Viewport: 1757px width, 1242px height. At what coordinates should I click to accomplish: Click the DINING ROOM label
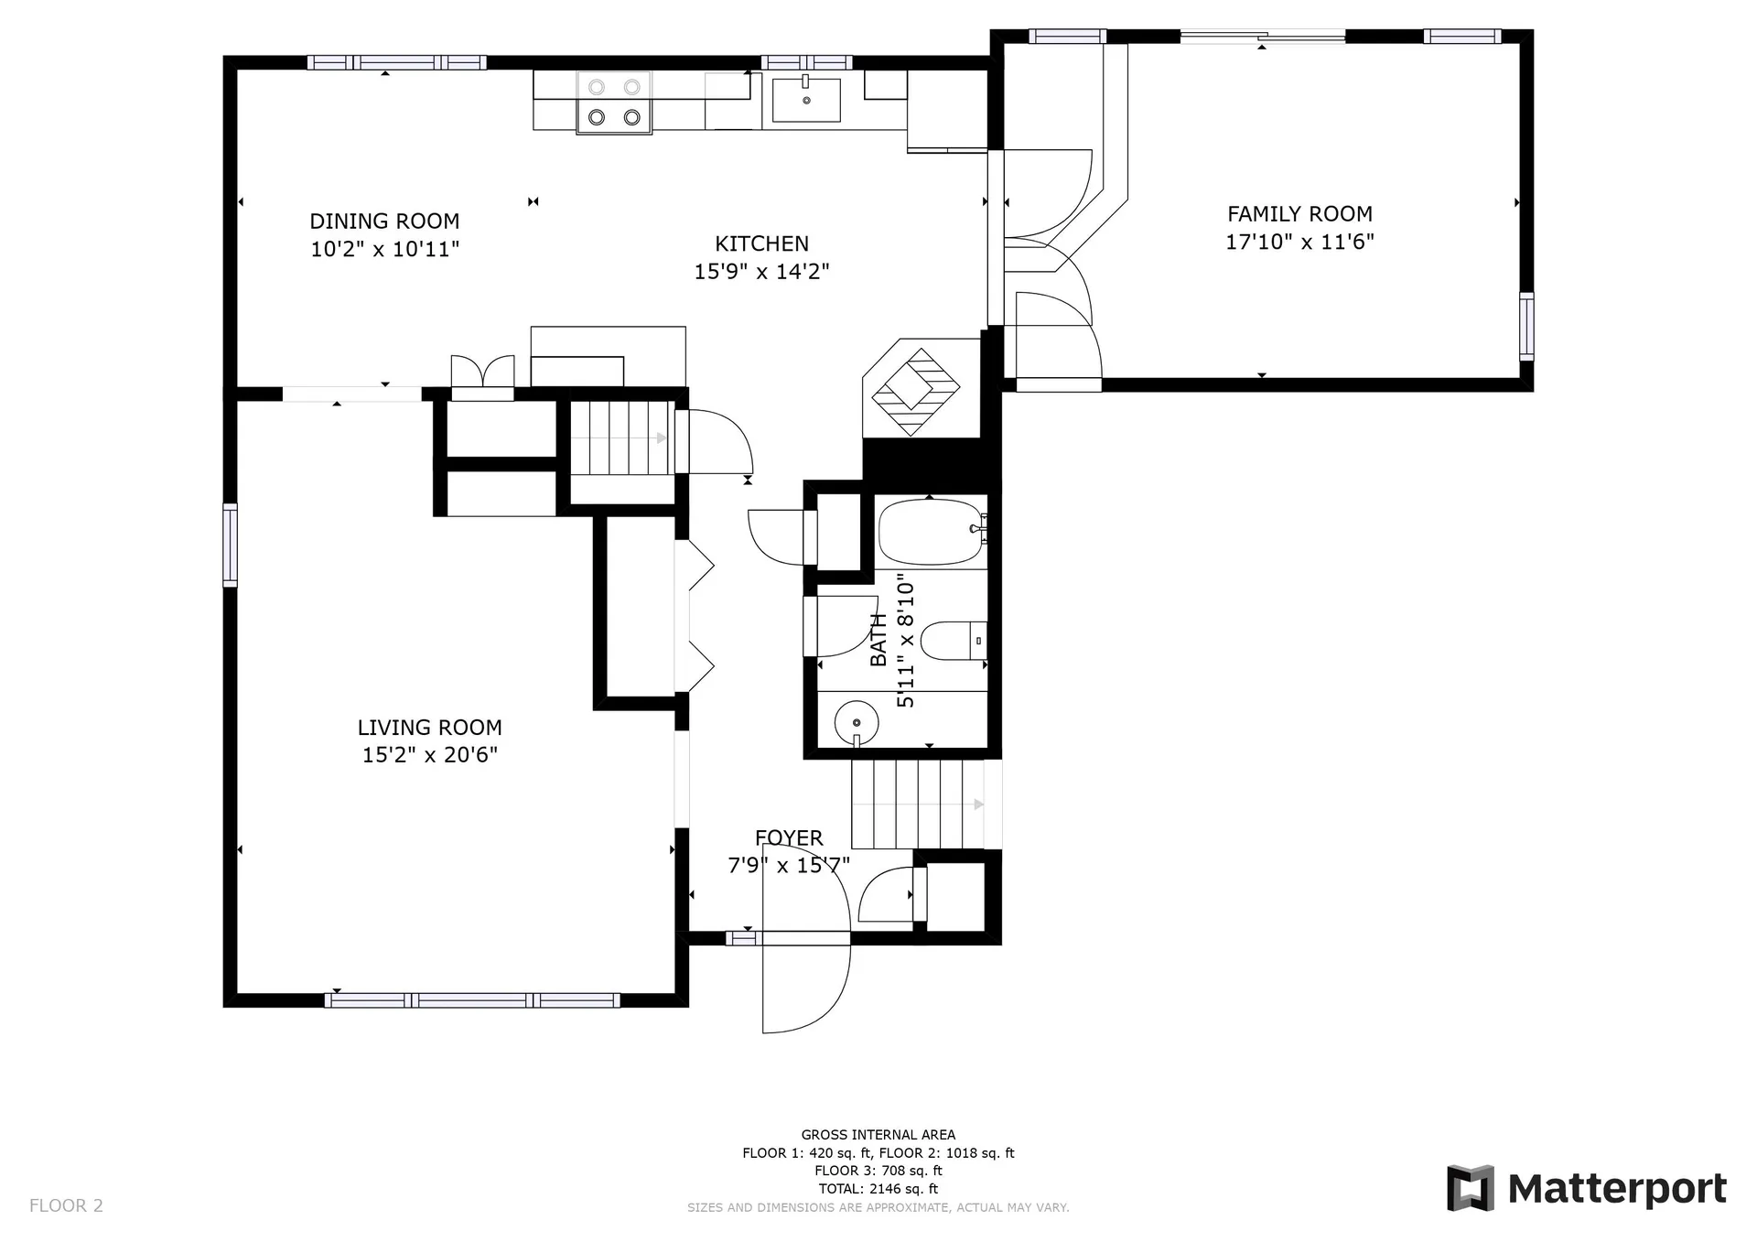(384, 221)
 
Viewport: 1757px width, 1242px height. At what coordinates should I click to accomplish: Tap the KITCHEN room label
(761, 244)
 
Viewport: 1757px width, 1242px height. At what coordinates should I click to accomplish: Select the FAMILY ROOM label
(1299, 214)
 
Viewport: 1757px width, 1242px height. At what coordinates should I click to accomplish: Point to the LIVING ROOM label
(429, 728)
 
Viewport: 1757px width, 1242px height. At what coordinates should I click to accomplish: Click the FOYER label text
(789, 837)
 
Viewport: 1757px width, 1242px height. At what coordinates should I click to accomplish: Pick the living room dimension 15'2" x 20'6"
(430, 755)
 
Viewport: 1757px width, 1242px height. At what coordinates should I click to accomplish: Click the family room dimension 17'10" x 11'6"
(1299, 242)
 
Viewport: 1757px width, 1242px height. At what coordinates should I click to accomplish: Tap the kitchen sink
(806, 100)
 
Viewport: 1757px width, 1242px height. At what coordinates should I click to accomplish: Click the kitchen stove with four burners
(614, 103)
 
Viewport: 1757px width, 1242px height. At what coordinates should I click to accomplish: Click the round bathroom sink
(857, 723)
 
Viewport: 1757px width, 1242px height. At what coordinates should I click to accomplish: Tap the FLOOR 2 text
(66, 1205)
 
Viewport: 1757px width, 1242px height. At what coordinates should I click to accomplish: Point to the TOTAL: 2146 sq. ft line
(878, 1189)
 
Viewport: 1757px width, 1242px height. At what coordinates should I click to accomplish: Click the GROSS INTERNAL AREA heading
(878, 1135)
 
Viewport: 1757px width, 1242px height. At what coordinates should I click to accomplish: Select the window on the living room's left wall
(230, 545)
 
